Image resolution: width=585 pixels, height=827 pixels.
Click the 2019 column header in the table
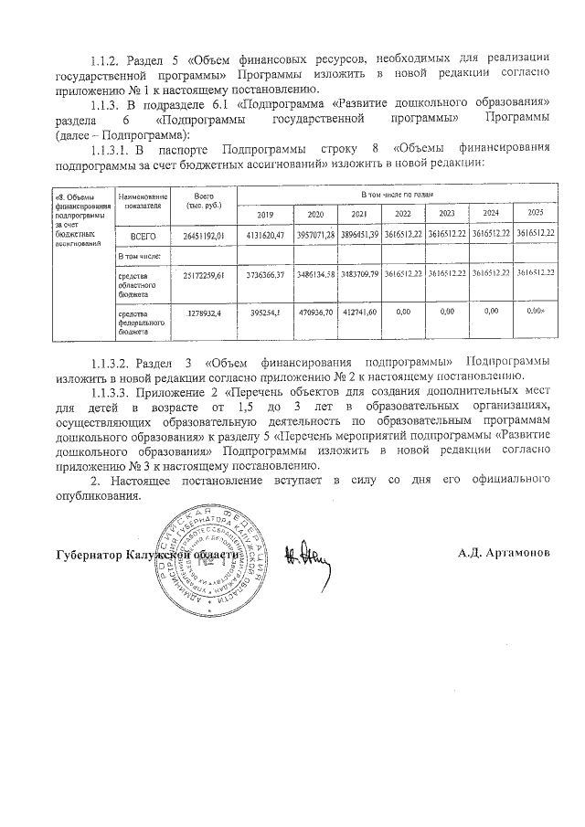click(x=265, y=214)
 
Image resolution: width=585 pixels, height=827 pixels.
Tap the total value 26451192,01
click(x=204, y=236)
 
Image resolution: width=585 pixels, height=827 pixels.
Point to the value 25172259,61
click(x=204, y=273)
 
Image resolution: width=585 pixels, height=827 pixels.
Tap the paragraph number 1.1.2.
click(x=107, y=60)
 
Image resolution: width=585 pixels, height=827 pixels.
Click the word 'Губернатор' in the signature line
click(x=91, y=555)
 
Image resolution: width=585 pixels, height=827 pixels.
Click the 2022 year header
click(x=402, y=214)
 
